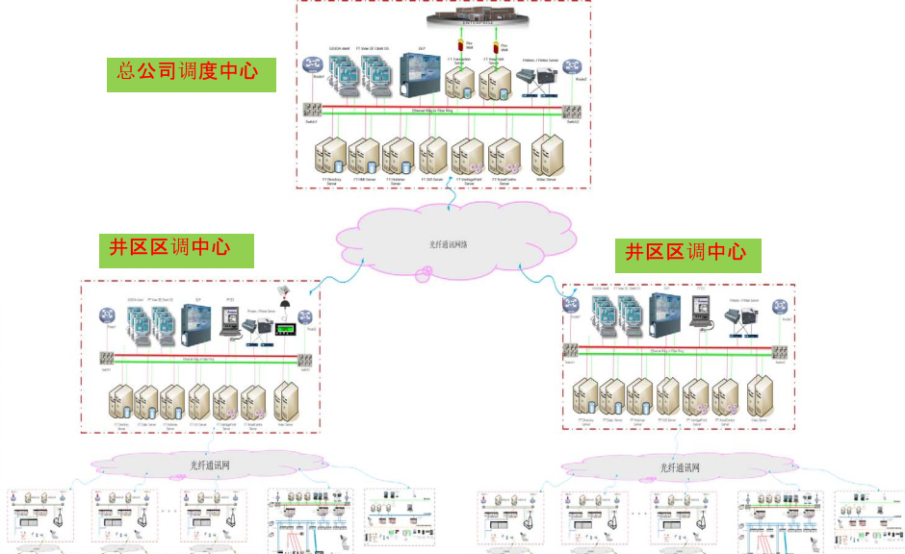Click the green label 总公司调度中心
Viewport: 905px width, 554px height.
pos(192,73)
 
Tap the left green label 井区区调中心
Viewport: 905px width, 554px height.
pos(176,249)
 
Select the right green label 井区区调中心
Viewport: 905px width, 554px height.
pos(687,254)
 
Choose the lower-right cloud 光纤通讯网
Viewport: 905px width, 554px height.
pos(679,467)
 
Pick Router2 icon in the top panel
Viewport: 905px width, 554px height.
pos(575,66)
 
